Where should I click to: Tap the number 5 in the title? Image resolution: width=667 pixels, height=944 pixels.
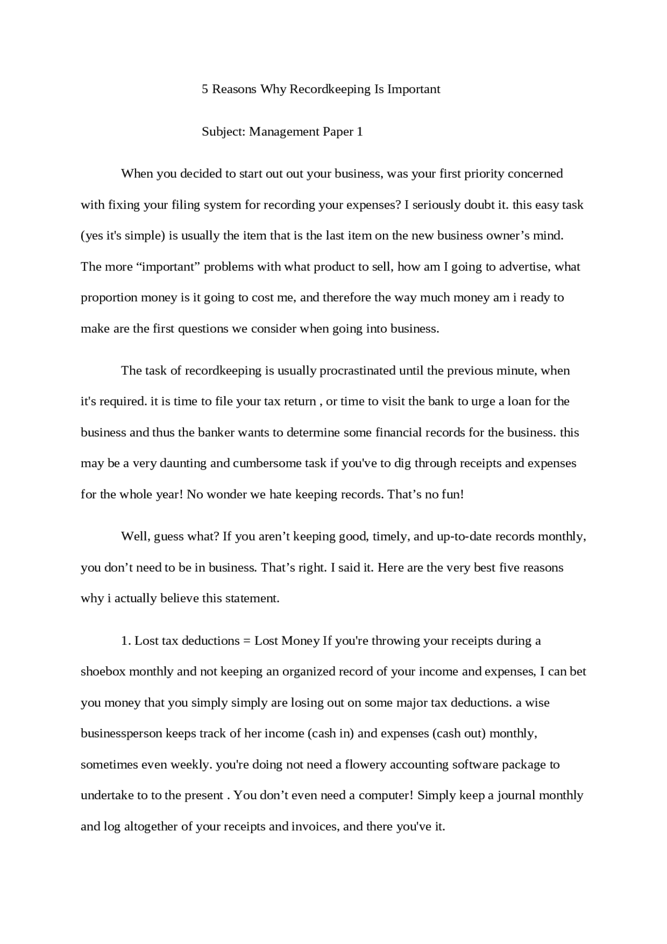[205, 89]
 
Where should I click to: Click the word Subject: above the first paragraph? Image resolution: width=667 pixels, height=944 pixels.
[224, 131]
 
